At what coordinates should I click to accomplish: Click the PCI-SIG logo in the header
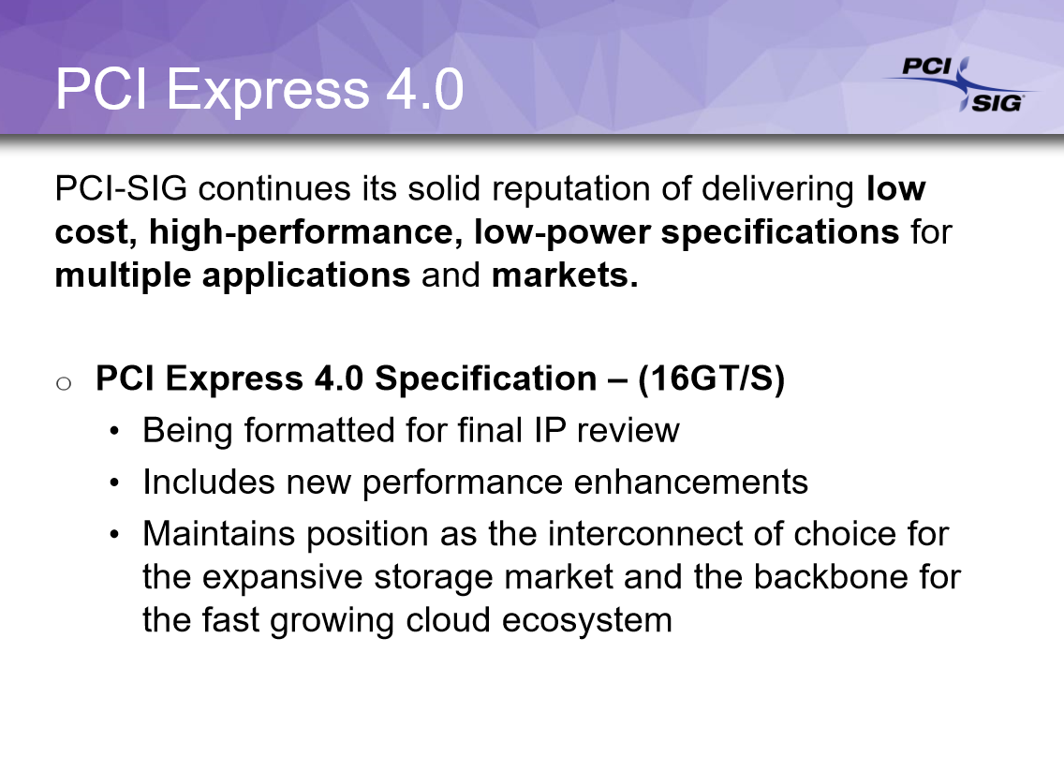(959, 85)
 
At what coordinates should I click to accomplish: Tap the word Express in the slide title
(267, 90)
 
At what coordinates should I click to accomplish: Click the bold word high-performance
(301, 233)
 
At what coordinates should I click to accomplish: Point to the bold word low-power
(562, 233)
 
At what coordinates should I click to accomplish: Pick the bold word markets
(565, 275)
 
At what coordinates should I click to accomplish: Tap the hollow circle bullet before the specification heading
(64, 384)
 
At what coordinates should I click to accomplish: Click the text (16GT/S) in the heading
(711, 378)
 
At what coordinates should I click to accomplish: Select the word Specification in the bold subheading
(486, 378)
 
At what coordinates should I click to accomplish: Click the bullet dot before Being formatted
(114, 431)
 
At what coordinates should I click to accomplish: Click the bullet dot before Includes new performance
(114, 482)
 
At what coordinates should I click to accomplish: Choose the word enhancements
(691, 482)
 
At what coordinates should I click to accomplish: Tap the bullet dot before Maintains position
(114, 534)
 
